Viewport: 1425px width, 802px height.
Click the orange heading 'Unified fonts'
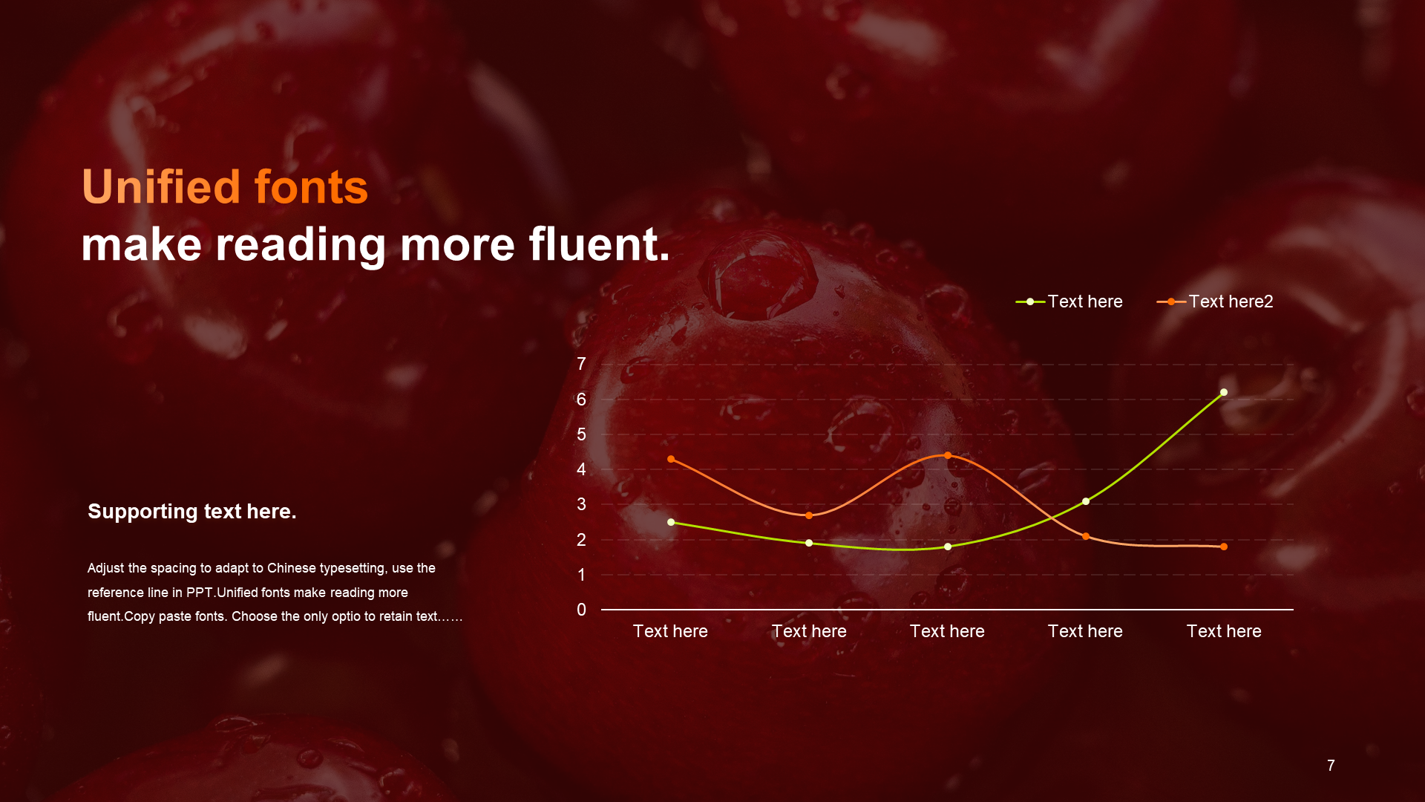[225, 186]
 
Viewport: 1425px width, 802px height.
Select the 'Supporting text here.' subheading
[192, 512]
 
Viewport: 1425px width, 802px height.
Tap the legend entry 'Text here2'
[1215, 301]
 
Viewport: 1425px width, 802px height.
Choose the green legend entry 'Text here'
[1069, 301]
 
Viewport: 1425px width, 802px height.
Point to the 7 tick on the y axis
[581, 364]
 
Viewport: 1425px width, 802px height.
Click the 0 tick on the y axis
[581, 610]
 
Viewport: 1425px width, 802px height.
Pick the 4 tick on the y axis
[581, 469]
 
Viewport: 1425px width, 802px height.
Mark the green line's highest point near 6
[1224, 392]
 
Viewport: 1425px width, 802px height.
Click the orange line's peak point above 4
[948, 455]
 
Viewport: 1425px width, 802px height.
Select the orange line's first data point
[671, 459]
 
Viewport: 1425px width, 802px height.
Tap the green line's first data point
[671, 522]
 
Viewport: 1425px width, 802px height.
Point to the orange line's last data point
[1224, 547]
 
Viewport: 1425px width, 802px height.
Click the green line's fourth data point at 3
[1086, 501]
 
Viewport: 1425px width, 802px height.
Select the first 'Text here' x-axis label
[670, 631]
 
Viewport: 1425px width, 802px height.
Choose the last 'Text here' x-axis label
[1224, 631]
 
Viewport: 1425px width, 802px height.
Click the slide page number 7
[1331, 766]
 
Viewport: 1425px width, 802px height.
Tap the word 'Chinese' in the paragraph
[292, 568]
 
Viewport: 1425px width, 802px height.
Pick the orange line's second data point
[809, 515]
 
